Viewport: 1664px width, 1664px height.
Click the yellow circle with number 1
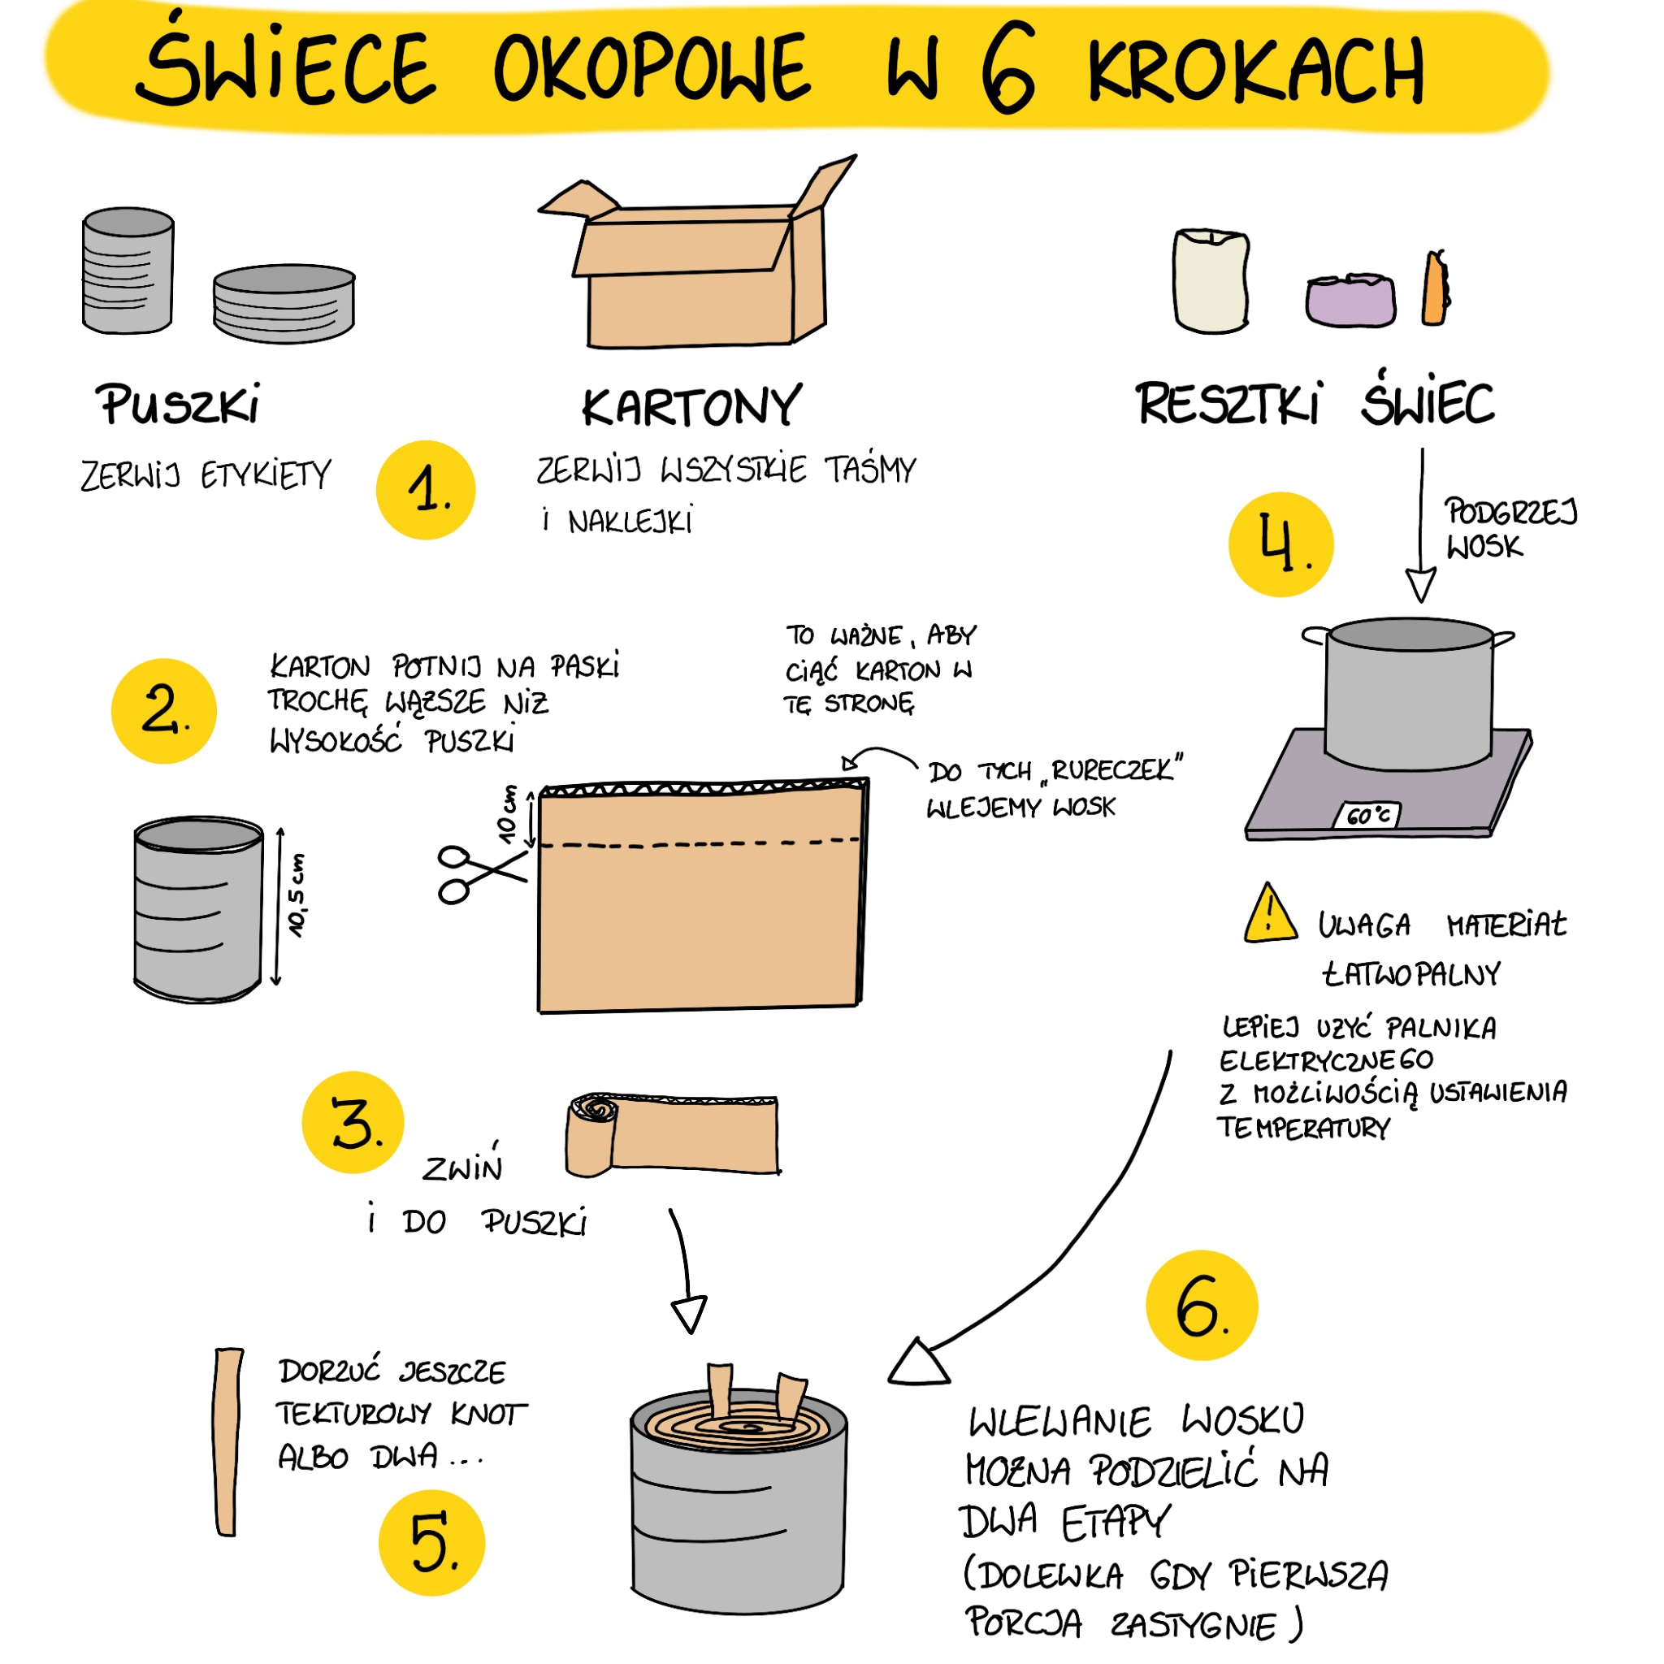click(x=426, y=490)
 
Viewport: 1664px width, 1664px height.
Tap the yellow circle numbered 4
click(x=1280, y=544)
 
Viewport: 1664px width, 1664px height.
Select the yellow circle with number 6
click(x=1202, y=1305)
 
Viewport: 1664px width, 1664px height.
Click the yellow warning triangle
click(x=1271, y=913)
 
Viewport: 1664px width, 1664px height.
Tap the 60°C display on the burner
click(x=1367, y=815)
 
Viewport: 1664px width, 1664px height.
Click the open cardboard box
click(x=698, y=253)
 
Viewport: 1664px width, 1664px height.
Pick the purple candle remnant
click(x=1350, y=300)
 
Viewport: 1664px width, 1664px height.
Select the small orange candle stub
click(x=1436, y=288)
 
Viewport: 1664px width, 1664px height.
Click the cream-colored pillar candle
click(x=1210, y=280)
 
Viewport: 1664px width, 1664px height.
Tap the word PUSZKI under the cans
click(x=178, y=404)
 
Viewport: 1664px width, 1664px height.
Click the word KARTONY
click(x=691, y=406)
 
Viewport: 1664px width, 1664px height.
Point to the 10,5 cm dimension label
click(x=296, y=895)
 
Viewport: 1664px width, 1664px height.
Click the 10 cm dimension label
click(x=508, y=814)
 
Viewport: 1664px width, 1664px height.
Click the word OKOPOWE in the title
click(x=651, y=67)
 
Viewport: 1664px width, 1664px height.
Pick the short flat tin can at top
click(x=284, y=303)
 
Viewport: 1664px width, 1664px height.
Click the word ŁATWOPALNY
click(x=1410, y=974)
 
